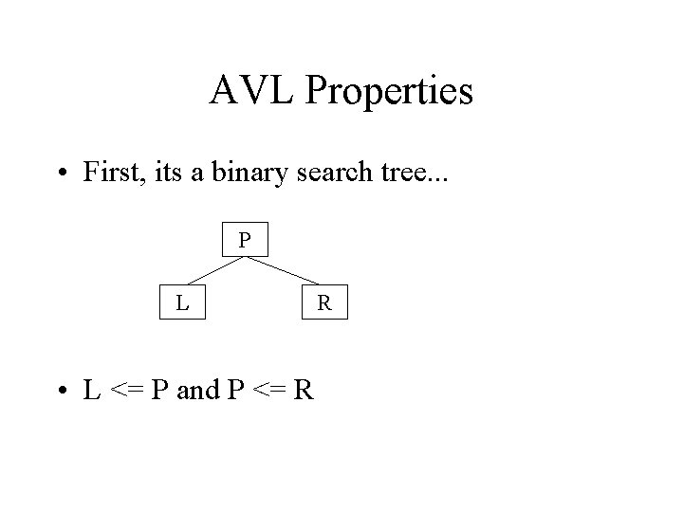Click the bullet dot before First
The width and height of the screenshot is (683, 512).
click(62, 174)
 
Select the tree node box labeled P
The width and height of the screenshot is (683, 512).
click(245, 241)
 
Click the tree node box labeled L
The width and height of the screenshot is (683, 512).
click(181, 303)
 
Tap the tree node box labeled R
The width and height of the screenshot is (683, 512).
click(323, 303)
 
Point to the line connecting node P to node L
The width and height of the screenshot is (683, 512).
click(213, 271)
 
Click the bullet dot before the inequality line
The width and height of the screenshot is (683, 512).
click(62, 391)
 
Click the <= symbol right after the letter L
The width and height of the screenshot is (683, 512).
click(128, 390)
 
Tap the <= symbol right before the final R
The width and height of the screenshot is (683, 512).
click(268, 390)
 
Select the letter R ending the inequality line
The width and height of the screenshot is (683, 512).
click(304, 390)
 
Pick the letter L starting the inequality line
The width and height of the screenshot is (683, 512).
click(92, 390)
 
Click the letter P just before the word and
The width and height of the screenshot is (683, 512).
click(161, 390)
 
